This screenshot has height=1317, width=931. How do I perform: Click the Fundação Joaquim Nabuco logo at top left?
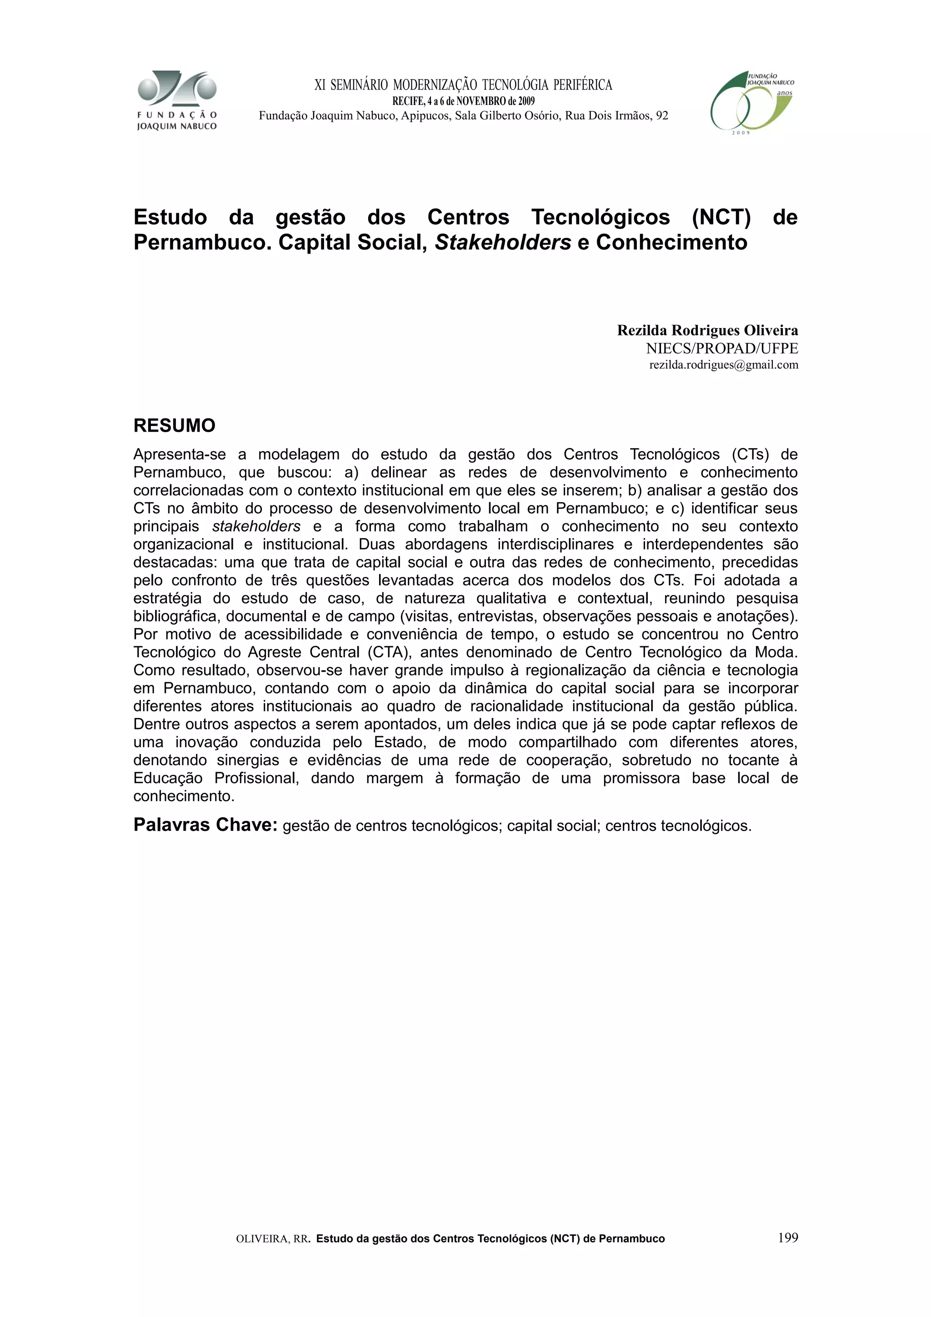(177, 100)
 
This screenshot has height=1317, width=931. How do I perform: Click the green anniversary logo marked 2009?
(751, 103)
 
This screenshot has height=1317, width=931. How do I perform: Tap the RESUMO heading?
(175, 426)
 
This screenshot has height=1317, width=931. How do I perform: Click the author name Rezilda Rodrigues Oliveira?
(707, 330)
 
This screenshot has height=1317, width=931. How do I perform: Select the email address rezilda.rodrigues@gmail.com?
(723, 365)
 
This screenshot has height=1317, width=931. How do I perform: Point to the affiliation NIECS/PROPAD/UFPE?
(721, 348)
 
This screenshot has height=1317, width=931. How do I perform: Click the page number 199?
(788, 1237)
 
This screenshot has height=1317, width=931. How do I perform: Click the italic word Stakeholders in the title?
(502, 243)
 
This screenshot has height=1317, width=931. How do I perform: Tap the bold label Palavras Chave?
(205, 825)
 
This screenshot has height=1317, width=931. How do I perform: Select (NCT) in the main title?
(721, 217)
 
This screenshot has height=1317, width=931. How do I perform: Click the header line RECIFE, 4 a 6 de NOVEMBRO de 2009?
(463, 101)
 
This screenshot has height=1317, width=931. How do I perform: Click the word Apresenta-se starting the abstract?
(180, 454)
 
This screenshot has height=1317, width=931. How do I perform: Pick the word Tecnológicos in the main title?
(600, 217)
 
